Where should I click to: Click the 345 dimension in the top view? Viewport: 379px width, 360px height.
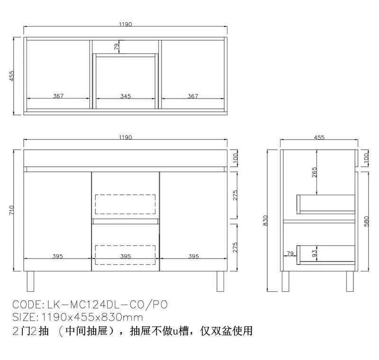pos(126,96)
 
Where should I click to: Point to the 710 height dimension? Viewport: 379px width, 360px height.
pos(11,210)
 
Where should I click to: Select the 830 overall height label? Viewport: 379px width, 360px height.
pos(265,220)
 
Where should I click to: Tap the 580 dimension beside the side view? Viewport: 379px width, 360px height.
pos(366,221)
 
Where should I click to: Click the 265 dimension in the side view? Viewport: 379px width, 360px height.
pos(314,172)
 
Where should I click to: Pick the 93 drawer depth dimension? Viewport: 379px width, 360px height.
pos(314,253)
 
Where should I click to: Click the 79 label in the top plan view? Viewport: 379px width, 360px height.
pos(117,46)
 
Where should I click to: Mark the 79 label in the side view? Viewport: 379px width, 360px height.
pos(290,253)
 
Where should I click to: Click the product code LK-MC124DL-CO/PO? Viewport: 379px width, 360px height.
pos(108,305)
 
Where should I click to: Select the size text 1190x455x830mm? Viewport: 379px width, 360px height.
pos(92,317)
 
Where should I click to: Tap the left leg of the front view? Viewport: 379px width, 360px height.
pos(30,281)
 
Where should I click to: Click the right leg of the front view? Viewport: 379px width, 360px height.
pos(220,281)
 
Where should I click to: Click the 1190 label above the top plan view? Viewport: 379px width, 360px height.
pos(126,25)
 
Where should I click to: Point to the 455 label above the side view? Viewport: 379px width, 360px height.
pos(319,137)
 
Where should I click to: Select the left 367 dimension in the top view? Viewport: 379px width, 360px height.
pos(58,96)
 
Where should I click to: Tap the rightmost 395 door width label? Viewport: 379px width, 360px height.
pos(193,256)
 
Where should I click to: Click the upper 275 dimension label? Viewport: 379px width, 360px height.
pos(235,196)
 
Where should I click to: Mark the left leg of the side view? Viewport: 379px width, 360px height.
pos(286,281)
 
